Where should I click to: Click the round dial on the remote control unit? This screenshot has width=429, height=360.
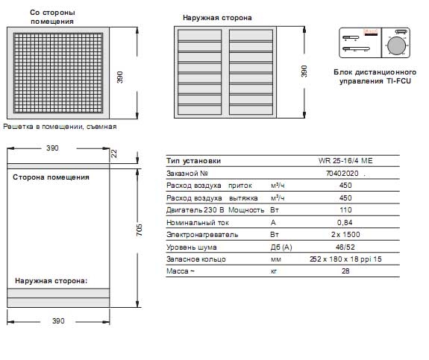tap(396, 45)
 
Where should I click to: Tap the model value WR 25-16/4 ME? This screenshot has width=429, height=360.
tap(345, 161)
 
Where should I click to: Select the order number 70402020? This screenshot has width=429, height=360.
tap(342, 174)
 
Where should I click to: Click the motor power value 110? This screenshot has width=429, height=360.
tap(345, 210)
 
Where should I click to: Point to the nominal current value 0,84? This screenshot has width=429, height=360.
tap(345, 223)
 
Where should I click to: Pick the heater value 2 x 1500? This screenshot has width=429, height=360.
tap(345, 235)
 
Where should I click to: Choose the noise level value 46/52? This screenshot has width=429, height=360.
tap(345, 247)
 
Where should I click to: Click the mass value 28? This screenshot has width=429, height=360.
tap(345, 271)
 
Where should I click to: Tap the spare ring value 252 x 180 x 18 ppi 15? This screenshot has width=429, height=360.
tap(345, 259)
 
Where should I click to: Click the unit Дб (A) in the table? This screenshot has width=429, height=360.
tap(281, 247)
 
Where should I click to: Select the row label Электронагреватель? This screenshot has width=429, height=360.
tap(202, 235)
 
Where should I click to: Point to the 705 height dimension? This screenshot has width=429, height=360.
tap(140, 230)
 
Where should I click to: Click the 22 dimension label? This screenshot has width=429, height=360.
tap(114, 154)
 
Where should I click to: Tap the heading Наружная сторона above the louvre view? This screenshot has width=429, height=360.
tap(217, 18)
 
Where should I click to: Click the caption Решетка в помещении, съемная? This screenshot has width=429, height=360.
tap(60, 127)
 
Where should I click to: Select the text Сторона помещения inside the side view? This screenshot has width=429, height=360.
tap(51, 177)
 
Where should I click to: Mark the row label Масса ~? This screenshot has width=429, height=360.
tap(181, 271)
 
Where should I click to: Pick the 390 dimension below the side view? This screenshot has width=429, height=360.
tap(58, 321)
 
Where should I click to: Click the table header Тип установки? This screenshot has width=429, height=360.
tap(194, 161)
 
